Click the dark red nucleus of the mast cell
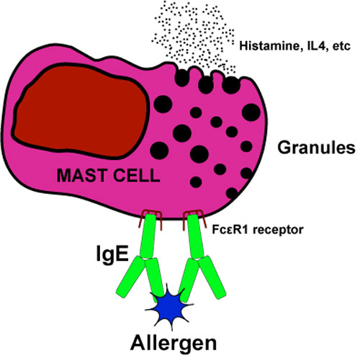[x=81, y=111]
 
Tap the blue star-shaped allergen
[x=169, y=307]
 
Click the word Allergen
[x=174, y=344]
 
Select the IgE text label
[x=112, y=254]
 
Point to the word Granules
[x=316, y=148]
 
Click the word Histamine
[x=270, y=46]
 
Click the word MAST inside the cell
[x=81, y=175]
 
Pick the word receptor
[x=279, y=230]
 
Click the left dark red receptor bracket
[x=150, y=218]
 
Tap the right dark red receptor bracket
[x=194, y=218]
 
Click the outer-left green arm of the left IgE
[x=127, y=277]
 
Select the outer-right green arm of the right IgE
[x=212, y=277]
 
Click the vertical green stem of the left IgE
[x=148, y=236]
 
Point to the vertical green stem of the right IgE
[x=195, y=236]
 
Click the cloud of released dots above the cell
[x=193, y=36]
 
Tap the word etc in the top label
[x=341, y=46]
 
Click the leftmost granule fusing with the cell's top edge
[x=182, y=78]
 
